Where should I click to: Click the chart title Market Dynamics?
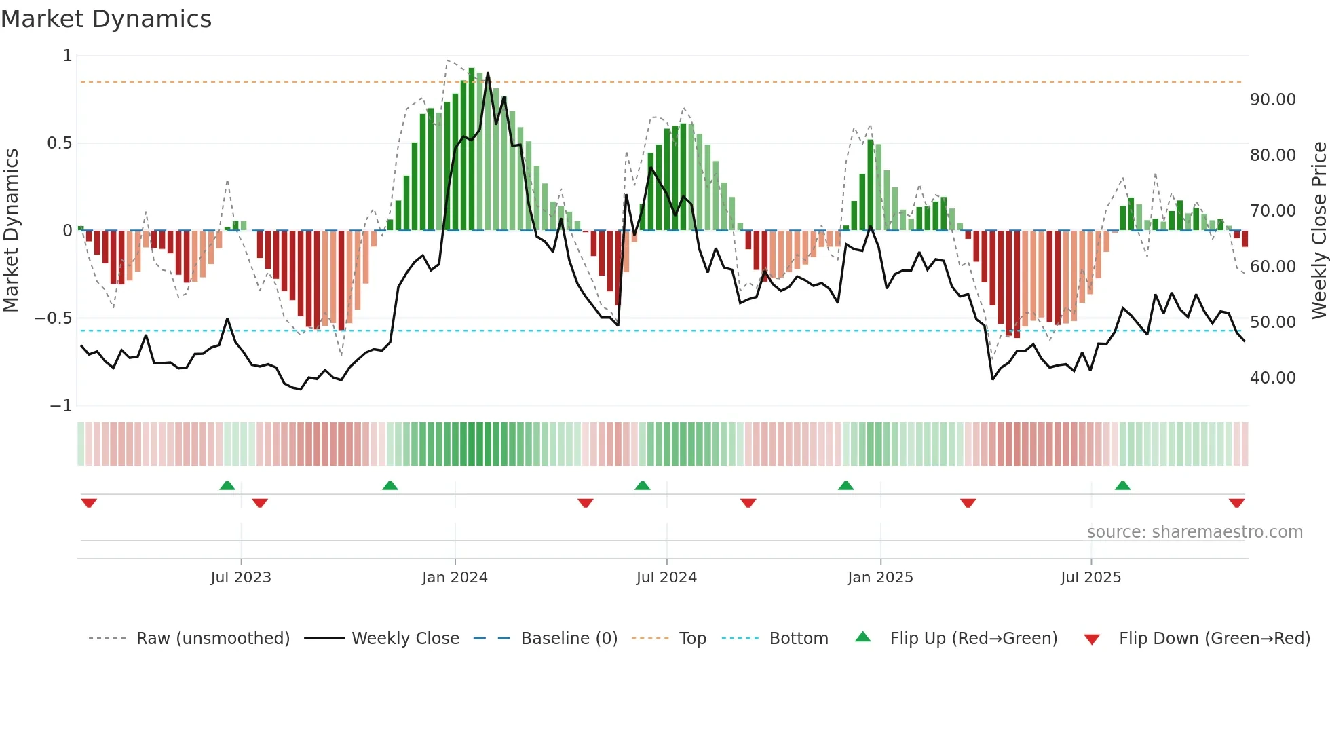point(106,19)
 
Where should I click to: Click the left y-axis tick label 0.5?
point(59,143)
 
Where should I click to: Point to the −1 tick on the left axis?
point(60,406)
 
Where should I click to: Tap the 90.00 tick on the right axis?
point(1272,100)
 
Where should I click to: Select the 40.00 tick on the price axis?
point(1272,378)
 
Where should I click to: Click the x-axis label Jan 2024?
point(455,578)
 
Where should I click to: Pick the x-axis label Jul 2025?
point(1090,578)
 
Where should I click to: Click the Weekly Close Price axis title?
point(1318,230)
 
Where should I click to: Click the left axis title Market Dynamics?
point(11,230)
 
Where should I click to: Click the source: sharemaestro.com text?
point(1194,532)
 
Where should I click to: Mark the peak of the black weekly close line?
point(488,73)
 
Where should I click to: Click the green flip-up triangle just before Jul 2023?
point(227,486)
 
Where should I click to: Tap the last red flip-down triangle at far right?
point(1236,503)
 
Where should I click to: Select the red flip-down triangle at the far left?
point(89,503)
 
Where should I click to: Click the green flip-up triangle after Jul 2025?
point(1122,486)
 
